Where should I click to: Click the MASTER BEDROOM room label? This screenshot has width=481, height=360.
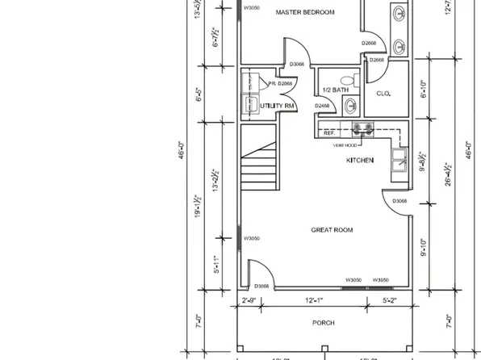[305, 12]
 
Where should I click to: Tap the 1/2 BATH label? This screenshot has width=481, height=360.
[333, 90]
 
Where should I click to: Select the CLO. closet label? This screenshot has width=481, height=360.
[383, 94]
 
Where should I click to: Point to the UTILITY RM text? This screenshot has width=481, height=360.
[277, 107]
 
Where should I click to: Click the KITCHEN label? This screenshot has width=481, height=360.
[360, 161]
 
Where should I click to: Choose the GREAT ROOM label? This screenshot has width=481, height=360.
[333, 230]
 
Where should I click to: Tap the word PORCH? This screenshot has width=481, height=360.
[323, 323]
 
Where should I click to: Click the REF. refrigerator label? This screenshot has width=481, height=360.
[329, 132]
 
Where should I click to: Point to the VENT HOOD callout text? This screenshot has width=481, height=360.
[345, 146]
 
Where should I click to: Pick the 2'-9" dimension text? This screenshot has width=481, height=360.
[250, 300]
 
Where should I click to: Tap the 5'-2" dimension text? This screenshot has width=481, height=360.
[391, 300]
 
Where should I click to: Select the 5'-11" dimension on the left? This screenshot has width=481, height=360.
[215, 265]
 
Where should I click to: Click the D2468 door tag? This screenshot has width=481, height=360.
[323, 106]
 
